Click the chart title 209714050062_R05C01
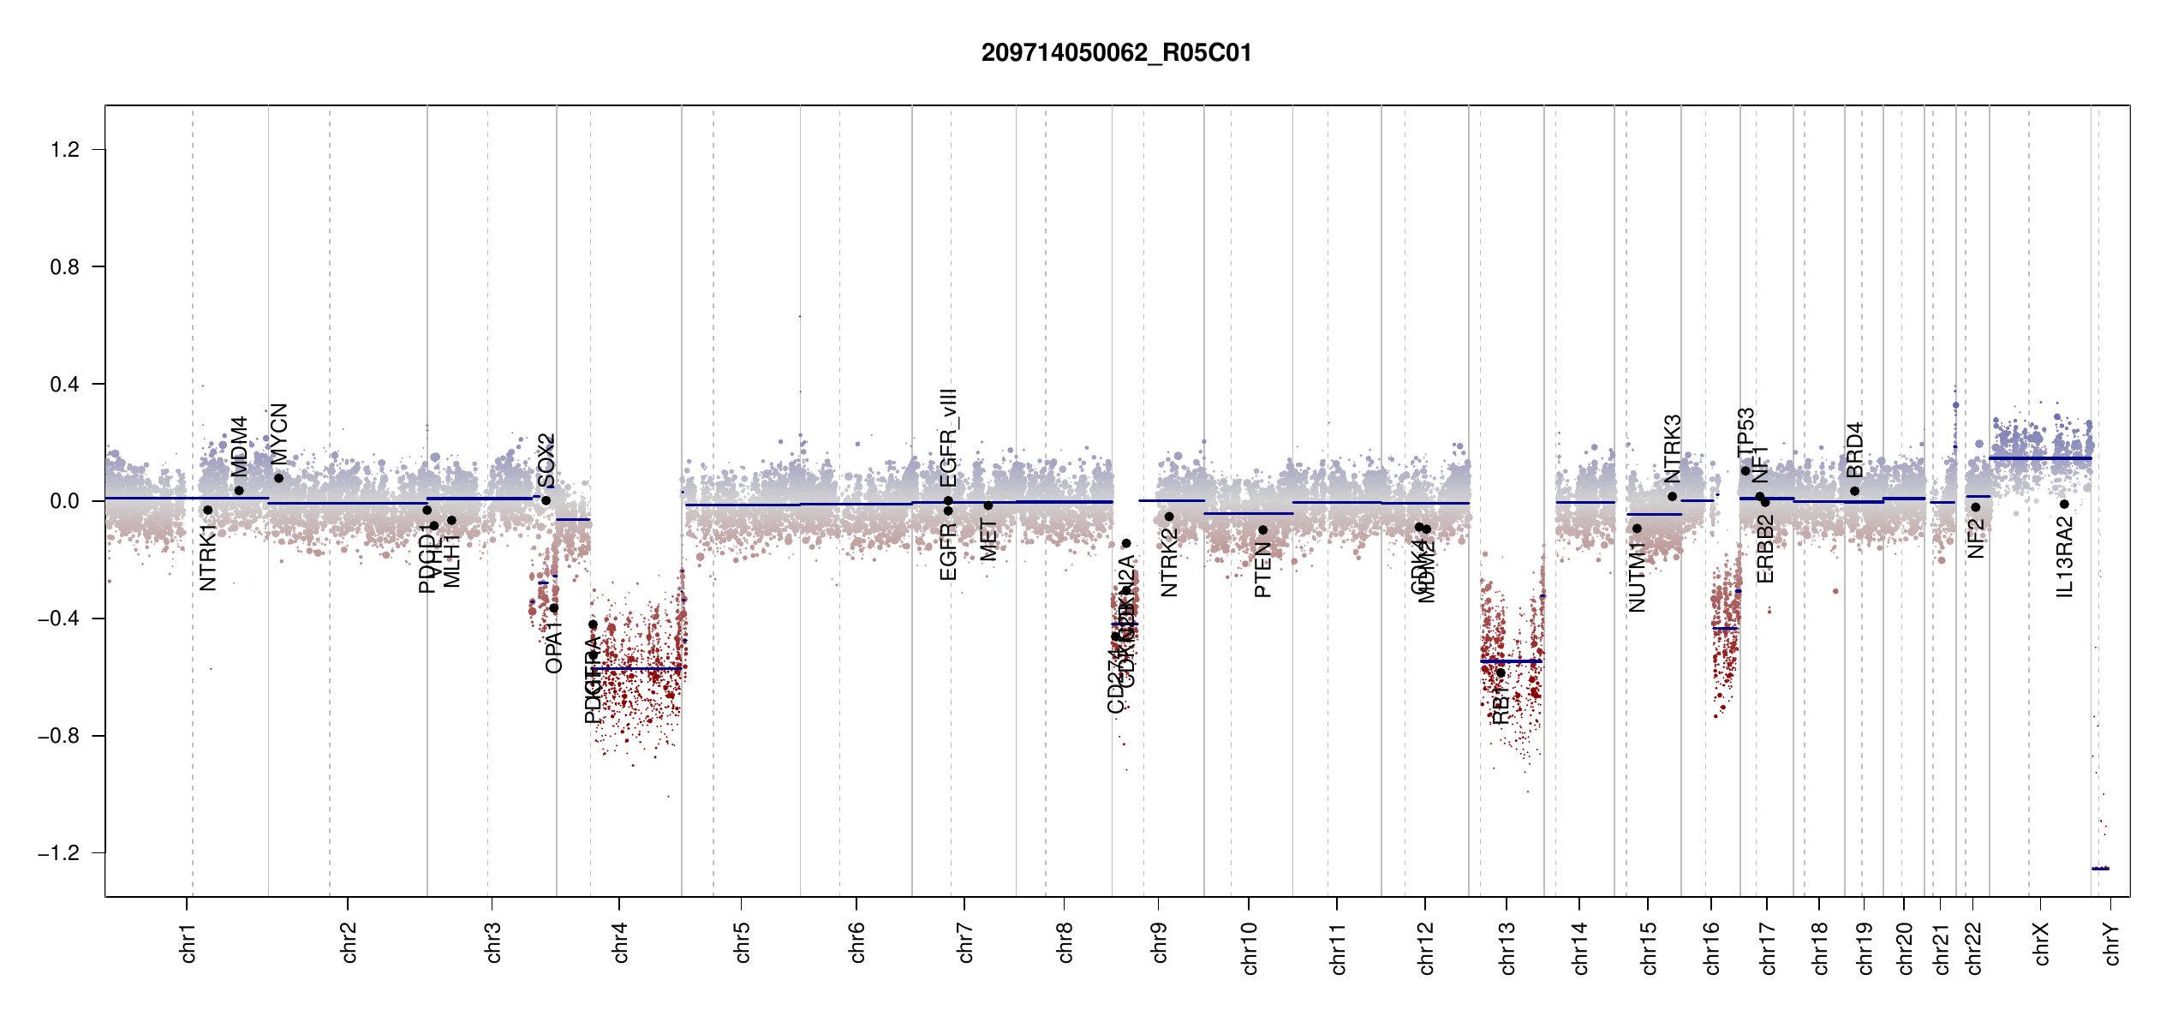click(1116, 53)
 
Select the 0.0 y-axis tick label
click(65, 501)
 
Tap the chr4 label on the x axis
click(621, 942)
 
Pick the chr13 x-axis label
click(1507, 948)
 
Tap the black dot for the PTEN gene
click(1262, 530)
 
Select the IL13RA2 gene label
click(2065, 558)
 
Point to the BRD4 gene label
click(1855, 450)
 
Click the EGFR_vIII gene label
click(948, 438)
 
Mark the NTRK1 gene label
click(208, 558)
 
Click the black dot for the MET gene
click(988, 505)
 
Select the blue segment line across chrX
click(2040, 458)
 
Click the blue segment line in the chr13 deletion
click(1512, 661)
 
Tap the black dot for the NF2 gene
click(1976, 507)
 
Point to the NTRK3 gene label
click(1673, 449)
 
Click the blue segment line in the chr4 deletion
click(638, 668)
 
